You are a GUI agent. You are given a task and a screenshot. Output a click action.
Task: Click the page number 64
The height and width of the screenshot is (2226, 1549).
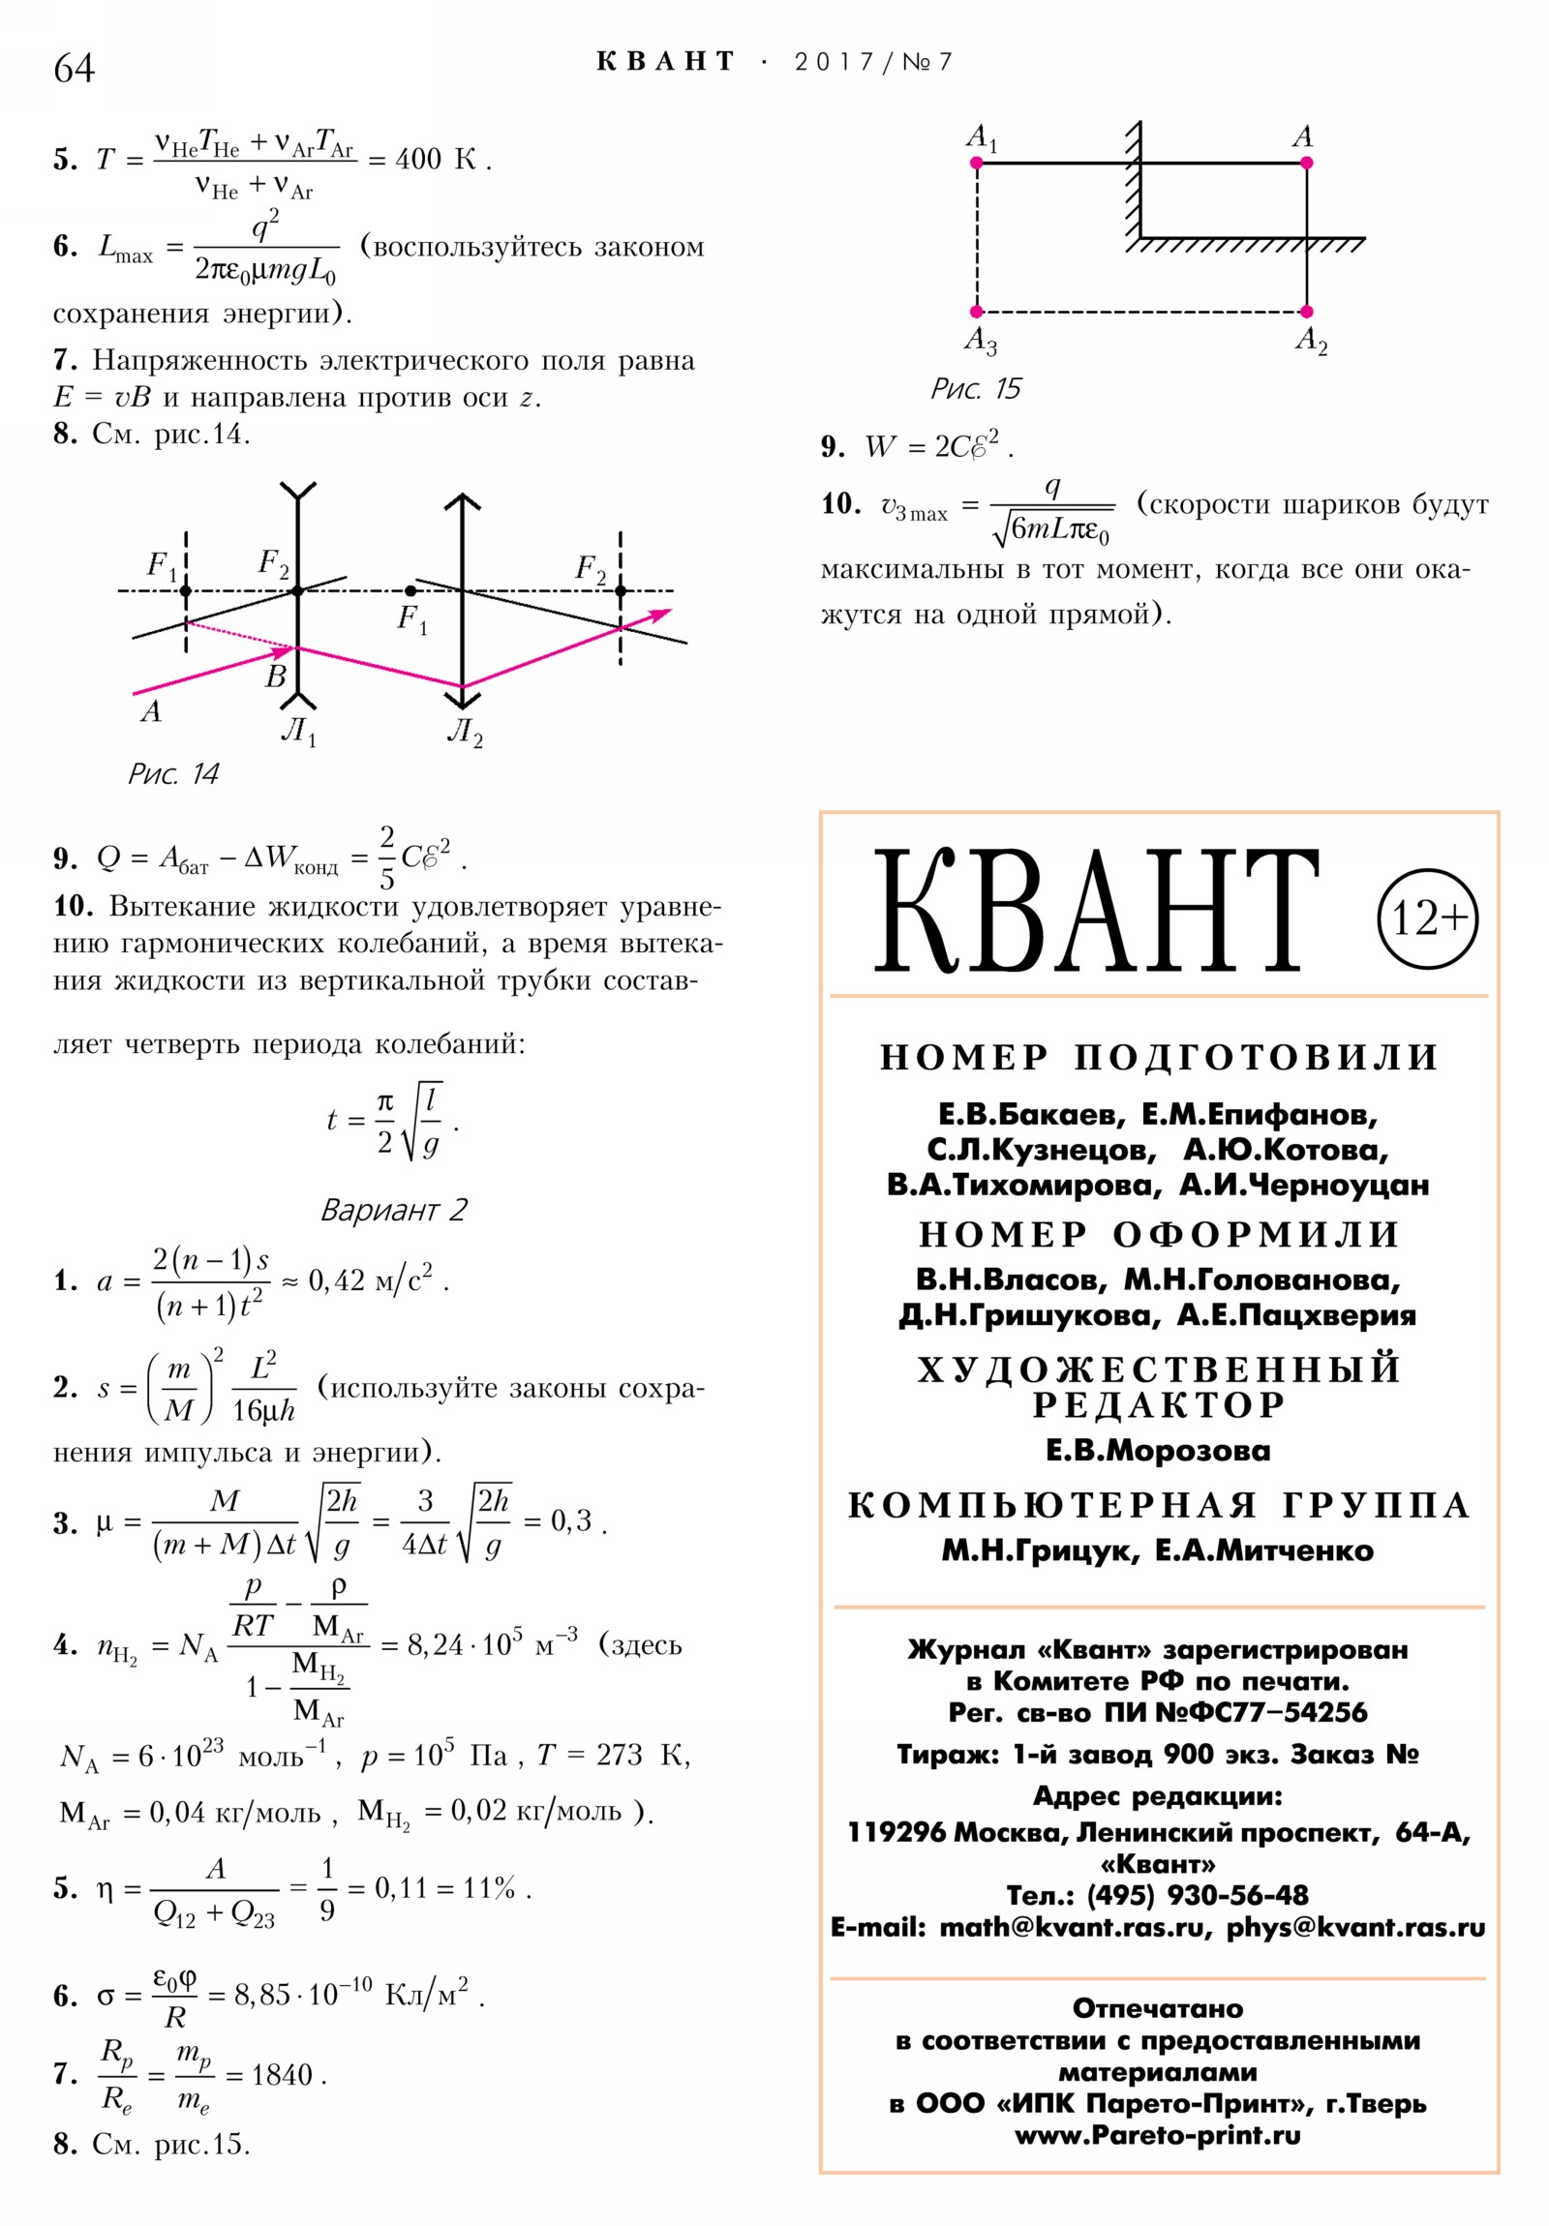pyautogui.click(x=74, y=69)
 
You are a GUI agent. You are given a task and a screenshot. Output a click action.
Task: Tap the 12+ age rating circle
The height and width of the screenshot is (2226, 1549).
pyautogui.click(x=1427, y=918)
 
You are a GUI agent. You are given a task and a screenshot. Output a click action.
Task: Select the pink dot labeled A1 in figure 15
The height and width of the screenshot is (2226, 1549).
pyautogui.click(x=977, y=163)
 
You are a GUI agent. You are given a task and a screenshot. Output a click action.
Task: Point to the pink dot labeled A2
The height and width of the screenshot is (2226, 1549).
pyautogui.click(x=1307, y=313)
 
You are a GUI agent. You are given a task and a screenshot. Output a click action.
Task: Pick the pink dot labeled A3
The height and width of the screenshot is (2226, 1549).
pyautogui.click(x=977, y=313)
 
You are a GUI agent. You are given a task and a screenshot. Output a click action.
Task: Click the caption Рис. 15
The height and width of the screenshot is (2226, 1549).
pyautogui.click(x=976, y=390)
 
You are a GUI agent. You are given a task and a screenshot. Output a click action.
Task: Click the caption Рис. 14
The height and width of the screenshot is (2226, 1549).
pyautogui.click(x=173, y=773)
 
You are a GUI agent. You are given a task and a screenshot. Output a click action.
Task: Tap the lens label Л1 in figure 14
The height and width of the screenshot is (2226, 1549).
pyautogui.click(x=299, y=731)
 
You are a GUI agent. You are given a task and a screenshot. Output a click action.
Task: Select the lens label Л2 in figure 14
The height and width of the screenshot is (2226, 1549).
pyautogui.click(x=465, y=731)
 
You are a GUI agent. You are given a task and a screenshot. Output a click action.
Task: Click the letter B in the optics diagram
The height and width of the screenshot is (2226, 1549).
pyautogui.click(x=276, y=676)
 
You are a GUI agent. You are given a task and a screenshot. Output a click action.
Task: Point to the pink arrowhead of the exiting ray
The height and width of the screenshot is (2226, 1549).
pyautogui.click(x=662, y=614)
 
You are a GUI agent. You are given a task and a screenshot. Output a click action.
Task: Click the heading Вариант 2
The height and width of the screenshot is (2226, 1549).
pyautogui.click(x=394, y=1210)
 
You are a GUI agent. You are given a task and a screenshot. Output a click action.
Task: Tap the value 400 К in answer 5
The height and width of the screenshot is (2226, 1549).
pyautogui.click(x=436, y=160)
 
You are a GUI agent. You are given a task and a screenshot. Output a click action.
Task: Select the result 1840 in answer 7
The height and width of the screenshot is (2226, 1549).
pyautogui.click(x=282, y=2076)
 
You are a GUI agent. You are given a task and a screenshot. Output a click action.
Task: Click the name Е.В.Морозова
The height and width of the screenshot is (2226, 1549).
pyautogui.click(x=1158, y=1451)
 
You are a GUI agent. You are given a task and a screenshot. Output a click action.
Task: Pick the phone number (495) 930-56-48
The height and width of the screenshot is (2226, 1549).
pyautogui.click(x=1197, y=1895)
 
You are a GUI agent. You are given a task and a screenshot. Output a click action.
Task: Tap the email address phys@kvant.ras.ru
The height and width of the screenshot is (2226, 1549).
pyautogui.click(x=1355, y=1927)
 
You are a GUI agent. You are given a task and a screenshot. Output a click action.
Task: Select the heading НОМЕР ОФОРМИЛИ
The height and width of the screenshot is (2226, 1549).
pyautogui.click(x=1159, y=1235)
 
